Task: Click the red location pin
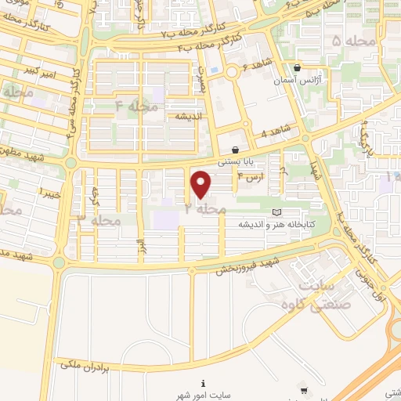point(201,184)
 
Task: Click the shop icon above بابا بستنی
point(235,150)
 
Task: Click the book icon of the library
point(275,212)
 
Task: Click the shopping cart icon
point(304,390)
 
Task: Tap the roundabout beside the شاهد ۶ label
point(233,72)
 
